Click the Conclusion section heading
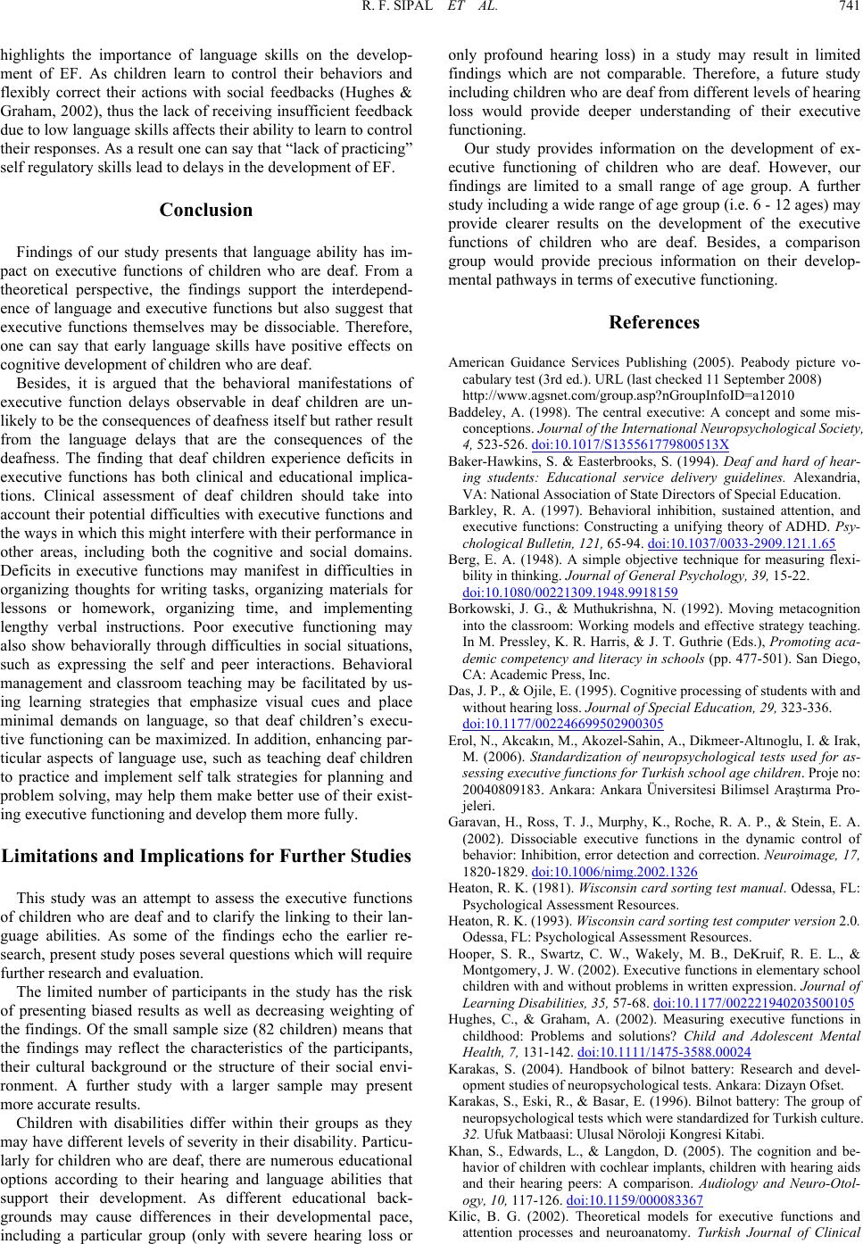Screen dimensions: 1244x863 [206, 211]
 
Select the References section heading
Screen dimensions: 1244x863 [654, 321]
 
